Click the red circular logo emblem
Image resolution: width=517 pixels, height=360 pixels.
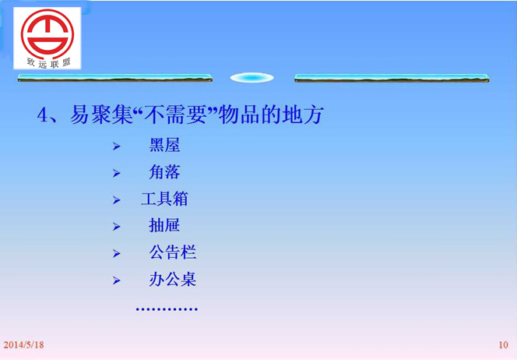[47, 34]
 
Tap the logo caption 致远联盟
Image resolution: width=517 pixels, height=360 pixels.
[49, 62]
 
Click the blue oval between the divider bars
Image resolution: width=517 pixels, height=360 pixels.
[252, 78]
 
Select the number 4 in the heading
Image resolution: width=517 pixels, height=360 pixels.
[42, 115]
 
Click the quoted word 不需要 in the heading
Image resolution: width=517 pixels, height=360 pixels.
[175, 115]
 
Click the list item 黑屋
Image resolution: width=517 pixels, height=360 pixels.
[164, 145]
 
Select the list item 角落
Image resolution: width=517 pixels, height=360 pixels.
[164, 172]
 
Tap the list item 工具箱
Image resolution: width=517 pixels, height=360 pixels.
[164, 199]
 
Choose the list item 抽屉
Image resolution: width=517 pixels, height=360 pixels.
[164, 226]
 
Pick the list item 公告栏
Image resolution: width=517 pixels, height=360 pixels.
[172, 252]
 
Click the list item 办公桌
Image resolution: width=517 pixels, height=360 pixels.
[172, 279]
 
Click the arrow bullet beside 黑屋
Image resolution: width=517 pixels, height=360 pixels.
[116, 146]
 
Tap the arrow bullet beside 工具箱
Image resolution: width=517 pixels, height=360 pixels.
[116, 200]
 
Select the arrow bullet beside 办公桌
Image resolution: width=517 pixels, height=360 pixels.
[116, 281]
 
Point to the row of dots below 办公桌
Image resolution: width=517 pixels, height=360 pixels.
[167, 309]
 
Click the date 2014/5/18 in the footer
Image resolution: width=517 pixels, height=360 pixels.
[23, 345]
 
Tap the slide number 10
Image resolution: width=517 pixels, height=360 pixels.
[503, 345]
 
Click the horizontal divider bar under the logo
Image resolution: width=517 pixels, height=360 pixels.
[115, 78]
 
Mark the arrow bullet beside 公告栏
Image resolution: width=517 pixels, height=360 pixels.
[116, 253]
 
